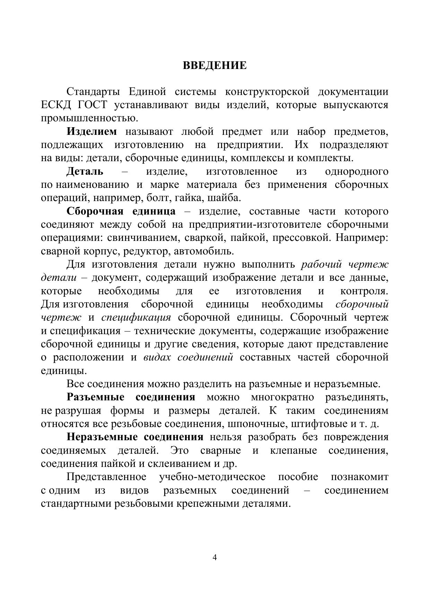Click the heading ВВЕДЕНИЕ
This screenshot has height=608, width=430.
click(x=215, y=65)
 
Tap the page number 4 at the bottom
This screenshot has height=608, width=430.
click(x=215, y=557)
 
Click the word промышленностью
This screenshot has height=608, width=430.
click(x=89, y=118)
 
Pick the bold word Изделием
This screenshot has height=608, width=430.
click(x=92, y=132)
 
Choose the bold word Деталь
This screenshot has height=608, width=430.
click(x=85, y=171)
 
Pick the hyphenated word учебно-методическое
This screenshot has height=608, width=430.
click(x=212, y=477)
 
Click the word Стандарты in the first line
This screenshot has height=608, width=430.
click(x=93, y=92)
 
